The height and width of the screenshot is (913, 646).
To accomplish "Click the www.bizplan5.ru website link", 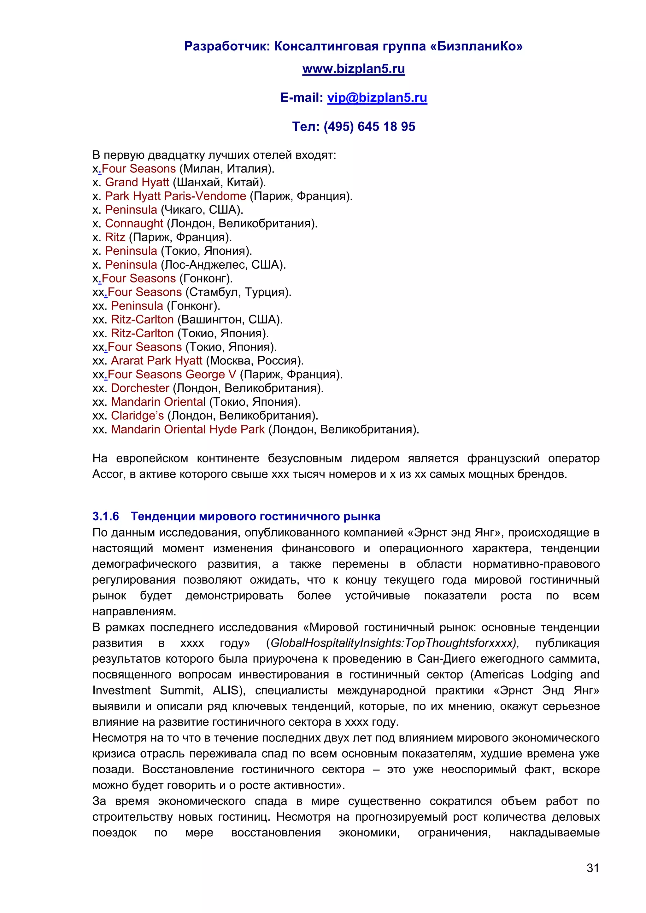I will tap(353, 69).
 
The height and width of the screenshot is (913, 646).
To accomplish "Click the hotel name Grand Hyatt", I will tap(137, 183).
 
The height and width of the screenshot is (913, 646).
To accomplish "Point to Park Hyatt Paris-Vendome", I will tap(175, 196).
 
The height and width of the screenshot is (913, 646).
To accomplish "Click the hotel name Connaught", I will tap(134, 224).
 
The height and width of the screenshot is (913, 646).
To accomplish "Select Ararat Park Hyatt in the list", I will tap(156, 361).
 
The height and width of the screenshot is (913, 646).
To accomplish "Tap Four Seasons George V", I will tap(172, 375).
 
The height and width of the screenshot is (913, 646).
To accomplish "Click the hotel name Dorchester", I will tap(140, 388).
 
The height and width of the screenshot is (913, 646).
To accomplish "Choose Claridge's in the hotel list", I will tap(137, 416).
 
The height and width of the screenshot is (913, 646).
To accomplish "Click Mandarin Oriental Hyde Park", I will tap(188, 429).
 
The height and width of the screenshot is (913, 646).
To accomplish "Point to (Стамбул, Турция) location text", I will tap(238, 292).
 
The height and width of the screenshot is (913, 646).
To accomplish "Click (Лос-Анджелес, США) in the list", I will tap(223, 265).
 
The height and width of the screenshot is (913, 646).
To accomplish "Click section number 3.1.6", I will tap(105, 516).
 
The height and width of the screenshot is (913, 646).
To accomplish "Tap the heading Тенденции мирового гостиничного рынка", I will tap(255, 516).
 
